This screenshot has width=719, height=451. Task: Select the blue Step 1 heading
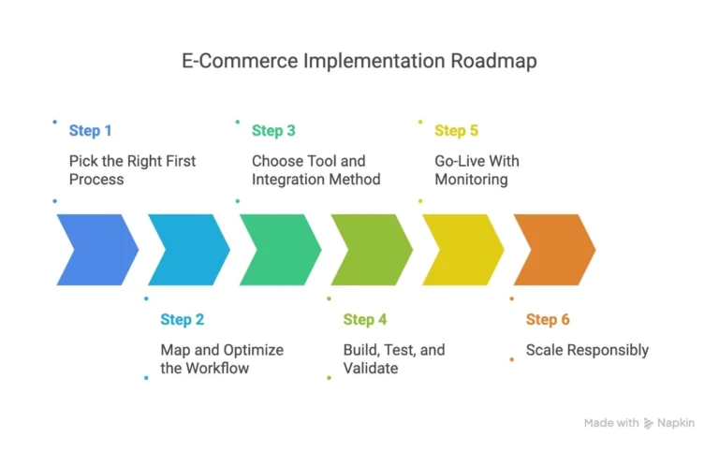tap(91, 131)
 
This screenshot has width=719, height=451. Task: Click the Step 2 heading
tap(182, 320)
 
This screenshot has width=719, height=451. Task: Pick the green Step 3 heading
tap(273, 131)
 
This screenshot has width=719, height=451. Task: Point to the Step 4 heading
tap(365, 320)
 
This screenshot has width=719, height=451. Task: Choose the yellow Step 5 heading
tap(456, 131)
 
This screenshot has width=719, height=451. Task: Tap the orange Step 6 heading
tap(548, 320)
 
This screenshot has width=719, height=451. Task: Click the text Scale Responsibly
tap(587, 350)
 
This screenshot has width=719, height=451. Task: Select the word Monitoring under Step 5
tap(472, 179)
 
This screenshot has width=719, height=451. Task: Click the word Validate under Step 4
tap(371, 369)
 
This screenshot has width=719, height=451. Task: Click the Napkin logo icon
tap(649, 423)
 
